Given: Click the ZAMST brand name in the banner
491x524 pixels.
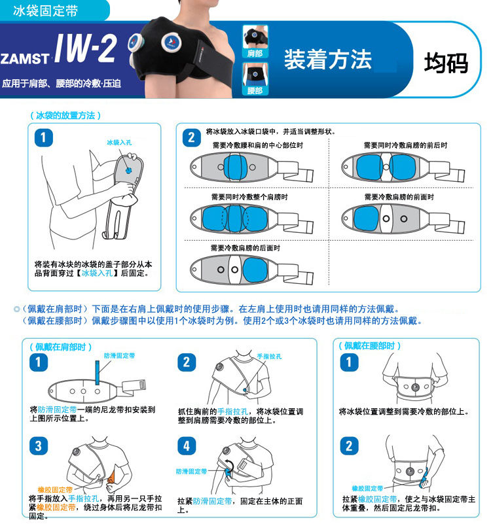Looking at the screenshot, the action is point(25,59).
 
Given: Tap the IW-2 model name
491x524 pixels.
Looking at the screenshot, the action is point(86,48).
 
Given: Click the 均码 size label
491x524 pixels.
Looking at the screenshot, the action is point(446,63).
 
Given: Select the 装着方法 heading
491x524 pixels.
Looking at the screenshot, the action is point(328,60).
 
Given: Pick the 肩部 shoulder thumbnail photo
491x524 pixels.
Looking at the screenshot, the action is point(255,41).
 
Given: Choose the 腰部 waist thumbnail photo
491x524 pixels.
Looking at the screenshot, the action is point(255,79).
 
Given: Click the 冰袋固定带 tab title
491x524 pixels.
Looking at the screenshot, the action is point(45,10).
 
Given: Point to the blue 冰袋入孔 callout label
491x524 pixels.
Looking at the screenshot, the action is point(119,143).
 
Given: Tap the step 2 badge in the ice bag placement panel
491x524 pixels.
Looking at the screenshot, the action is point(191,137).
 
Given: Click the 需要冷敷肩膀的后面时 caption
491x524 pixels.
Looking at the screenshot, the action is point(245,248).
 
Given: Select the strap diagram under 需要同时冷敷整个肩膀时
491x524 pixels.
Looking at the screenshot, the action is point(251,219).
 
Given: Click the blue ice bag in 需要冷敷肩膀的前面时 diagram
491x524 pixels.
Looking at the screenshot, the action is point(366,218).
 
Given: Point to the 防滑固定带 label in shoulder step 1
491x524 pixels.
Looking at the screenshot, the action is point(119,356).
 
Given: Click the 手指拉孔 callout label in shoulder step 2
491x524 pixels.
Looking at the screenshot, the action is point(269,357).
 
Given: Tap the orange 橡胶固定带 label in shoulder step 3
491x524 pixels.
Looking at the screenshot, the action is point(55,490).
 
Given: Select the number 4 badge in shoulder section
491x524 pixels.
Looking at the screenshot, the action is point(187,445).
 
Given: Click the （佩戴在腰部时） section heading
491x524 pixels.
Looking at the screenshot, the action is point(370,346).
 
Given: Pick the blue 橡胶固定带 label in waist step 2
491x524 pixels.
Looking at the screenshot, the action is point(367,489).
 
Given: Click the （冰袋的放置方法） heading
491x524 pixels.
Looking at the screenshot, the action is point(65,116).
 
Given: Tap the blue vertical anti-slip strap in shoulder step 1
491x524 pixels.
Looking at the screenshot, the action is point(98,373).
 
